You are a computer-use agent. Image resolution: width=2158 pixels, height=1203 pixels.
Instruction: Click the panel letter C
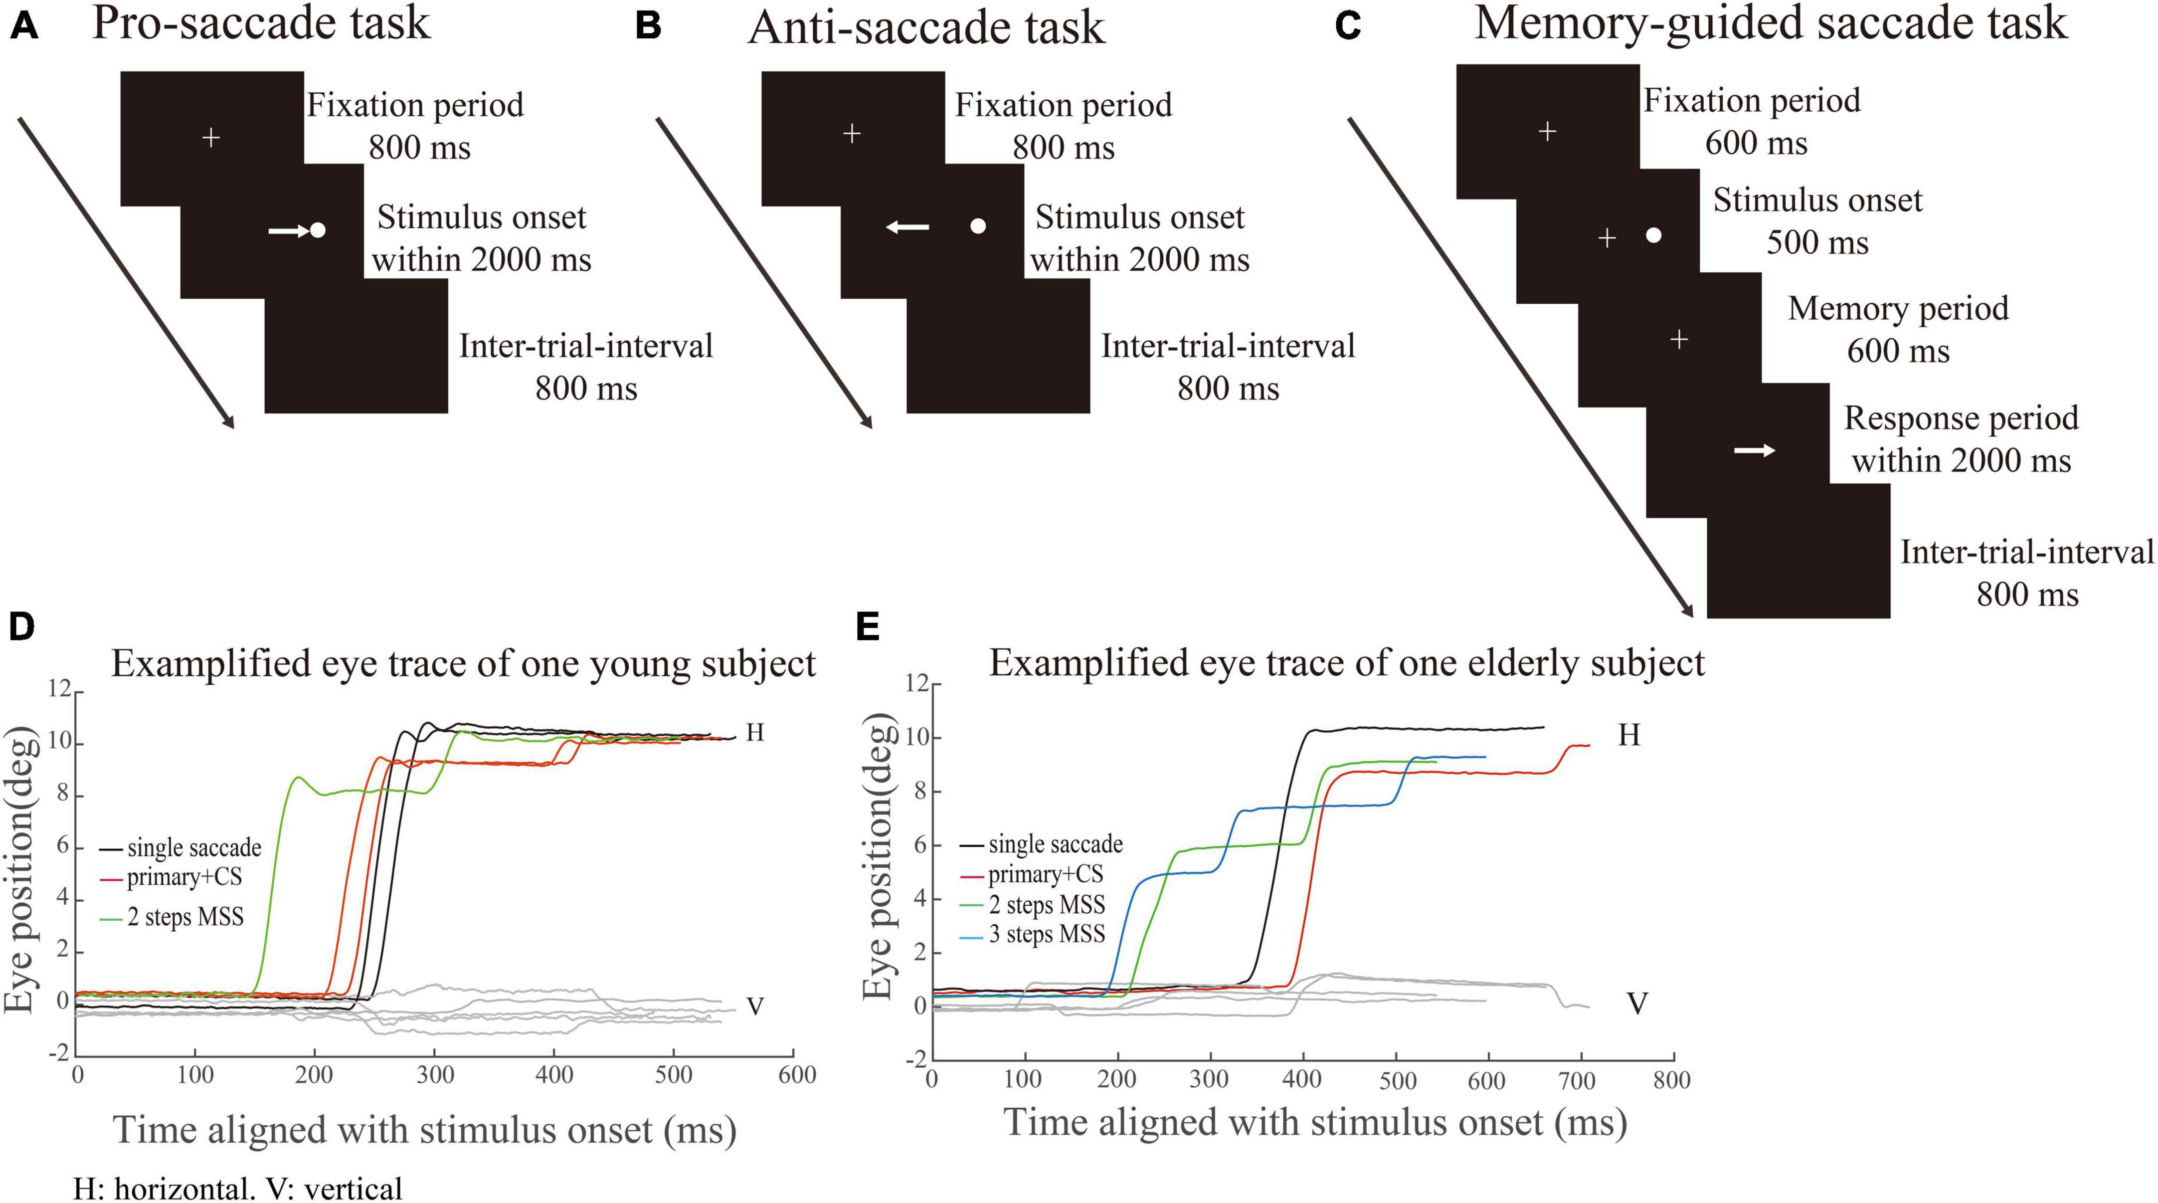(x=1348, y=27)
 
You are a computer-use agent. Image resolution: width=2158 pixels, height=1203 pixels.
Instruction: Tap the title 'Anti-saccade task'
(x=926, y=27)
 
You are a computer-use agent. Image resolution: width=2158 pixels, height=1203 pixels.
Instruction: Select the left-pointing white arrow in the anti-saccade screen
(x=907, y=226)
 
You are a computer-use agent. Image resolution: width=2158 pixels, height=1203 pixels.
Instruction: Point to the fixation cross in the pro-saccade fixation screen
(x=211, y=137)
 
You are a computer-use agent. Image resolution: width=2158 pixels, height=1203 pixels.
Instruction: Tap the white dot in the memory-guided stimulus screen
(x=1653, y=235)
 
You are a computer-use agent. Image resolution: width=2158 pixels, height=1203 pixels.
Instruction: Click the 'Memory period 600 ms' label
(x=1897, y=329)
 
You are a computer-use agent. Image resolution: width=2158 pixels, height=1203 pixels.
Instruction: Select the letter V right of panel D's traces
(x=755, y=1006)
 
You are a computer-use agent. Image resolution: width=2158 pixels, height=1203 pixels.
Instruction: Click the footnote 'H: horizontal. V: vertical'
(x=238, y=1188)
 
